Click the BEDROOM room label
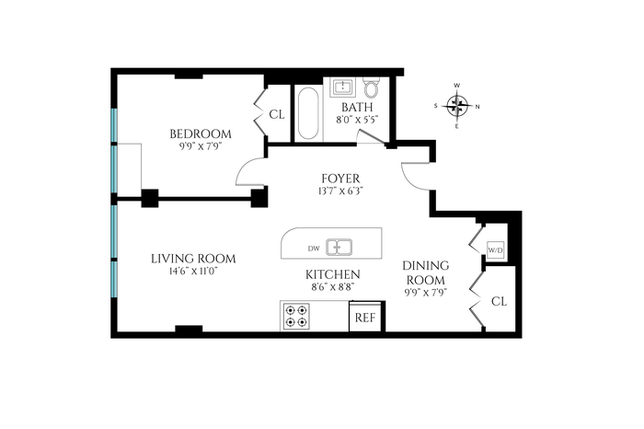[x=201, y=134]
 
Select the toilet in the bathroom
[x=372, y=87]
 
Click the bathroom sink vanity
[x=341, y=87]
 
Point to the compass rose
[x=457, y=106]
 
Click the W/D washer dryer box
[x=495, y=249]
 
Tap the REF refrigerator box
[x=365, y=318]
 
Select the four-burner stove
[x=296, y=317]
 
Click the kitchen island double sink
[x=339, y=248]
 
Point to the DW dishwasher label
[x=314, y=249]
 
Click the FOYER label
[x=340, y=179]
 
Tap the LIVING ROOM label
[x=193, y=259]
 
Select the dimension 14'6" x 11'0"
[x=193, y=272]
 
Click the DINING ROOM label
[x=425, y=272]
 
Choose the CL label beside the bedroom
[x=277, y=115]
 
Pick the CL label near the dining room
[x=499, y=302]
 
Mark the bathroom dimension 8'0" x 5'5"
[x=357, y=120]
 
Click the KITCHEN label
[x=333, y=274]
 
